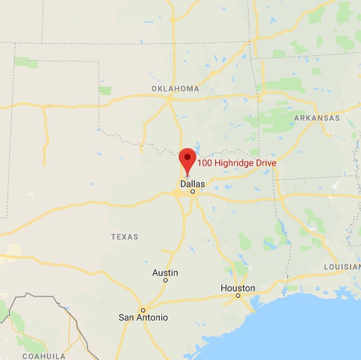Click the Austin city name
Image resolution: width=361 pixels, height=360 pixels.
(165, 273)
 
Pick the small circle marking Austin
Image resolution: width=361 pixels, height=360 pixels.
(165, 280)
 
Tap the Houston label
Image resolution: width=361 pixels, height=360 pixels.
(237, 288)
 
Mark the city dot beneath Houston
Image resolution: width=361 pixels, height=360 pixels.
(238, 296)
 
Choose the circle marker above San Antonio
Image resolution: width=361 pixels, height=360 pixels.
(142, 309)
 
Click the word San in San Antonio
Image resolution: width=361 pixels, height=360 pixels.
(126, 317)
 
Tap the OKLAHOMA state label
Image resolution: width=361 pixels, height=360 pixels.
(175, 89)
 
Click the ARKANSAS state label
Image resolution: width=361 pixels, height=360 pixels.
(316, 118)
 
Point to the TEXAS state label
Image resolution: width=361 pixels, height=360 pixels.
(124, 237)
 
